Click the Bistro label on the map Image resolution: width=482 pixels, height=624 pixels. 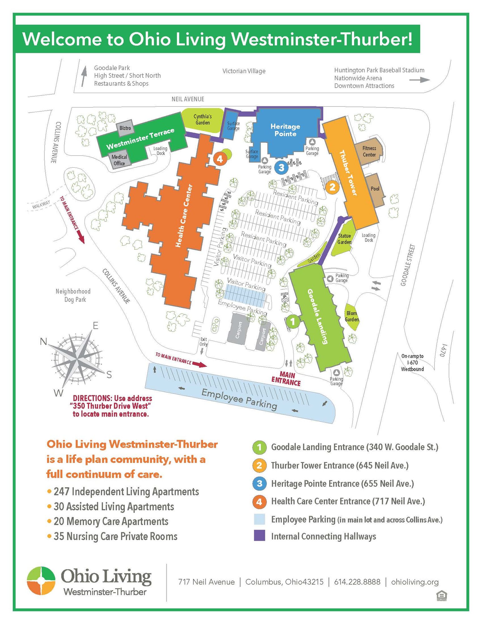tap(125, 128)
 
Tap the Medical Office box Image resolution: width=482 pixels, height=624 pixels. tap(119, 160)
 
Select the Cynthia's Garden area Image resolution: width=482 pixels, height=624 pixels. tap(203, 120)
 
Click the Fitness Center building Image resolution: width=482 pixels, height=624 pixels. tap(369, 151)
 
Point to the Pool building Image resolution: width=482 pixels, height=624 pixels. tap(375, 189)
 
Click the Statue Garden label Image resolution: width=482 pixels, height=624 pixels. tap(344, 239)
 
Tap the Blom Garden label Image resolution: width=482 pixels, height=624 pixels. tap(352, 316)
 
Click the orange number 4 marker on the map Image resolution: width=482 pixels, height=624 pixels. tap(220, 159)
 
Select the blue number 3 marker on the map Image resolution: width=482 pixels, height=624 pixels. tap(281, 168)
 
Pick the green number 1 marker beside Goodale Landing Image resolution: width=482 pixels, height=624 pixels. tap(292, 321)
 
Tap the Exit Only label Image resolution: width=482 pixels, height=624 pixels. tap(203, 341)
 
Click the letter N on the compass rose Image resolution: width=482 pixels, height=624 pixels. tap(43, 341)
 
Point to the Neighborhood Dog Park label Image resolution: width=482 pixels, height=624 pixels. tap(73, 295)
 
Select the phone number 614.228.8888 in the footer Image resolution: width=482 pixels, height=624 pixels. tap(357, 582)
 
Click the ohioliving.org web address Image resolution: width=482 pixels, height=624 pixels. tap(415, 582)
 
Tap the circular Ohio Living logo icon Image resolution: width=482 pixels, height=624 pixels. tap(41, 581)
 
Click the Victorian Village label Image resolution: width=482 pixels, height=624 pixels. tap(244, 71)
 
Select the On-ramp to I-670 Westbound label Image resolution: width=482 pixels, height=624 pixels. tap(412, 362)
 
